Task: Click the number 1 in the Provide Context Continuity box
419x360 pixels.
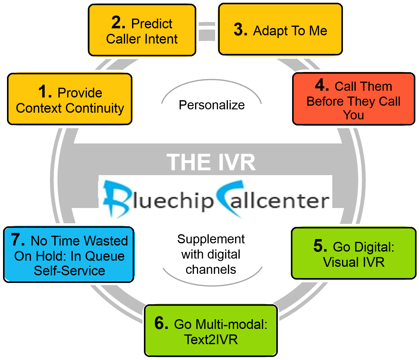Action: pos(44,92)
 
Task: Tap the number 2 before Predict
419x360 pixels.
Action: pos(118,23)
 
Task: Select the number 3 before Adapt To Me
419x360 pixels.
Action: pos(240,30)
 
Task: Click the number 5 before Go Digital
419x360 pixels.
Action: pos(320,246)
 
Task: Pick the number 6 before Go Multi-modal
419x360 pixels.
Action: pos(161,323)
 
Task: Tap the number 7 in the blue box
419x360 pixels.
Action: pos(18,240)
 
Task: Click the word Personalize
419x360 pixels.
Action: pos(211,105)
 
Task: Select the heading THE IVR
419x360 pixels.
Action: pos(211,162)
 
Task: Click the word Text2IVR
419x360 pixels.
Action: pos(211,340)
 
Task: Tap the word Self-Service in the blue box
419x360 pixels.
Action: pos(69,271)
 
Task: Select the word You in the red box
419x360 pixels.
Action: pos(353,115)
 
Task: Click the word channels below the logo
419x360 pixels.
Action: pos(211,270)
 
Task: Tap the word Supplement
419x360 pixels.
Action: pos(211,239)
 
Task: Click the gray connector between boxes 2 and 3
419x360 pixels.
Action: pos(207,30)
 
